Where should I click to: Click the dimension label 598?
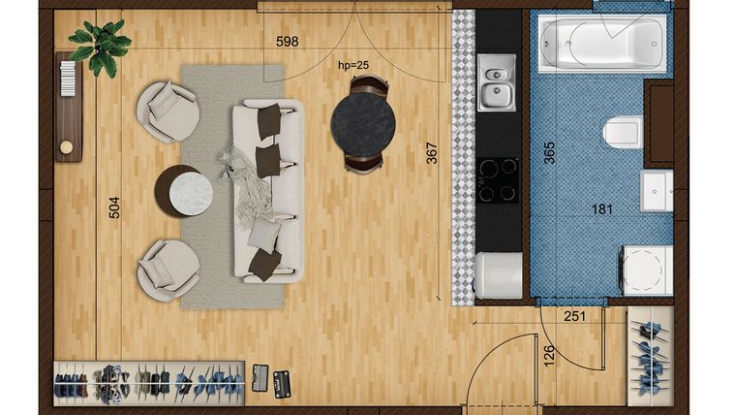[288, 42]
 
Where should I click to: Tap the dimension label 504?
[114, 207]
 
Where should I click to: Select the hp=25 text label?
[353, 65]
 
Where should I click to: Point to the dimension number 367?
[432, 153]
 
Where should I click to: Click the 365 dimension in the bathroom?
[549, 153]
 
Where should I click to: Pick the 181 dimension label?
[602, 209]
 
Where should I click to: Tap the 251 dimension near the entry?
[574, 317]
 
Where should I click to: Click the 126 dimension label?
[549, 356]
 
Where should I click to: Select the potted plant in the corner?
[100, 47]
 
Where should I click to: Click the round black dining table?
[363, 124]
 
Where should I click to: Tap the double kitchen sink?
[497, 82]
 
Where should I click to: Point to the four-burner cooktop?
[498, 180]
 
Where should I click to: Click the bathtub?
[601, 44]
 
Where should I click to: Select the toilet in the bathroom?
[623, 132]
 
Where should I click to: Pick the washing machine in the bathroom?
[646, 271]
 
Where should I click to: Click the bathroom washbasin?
[657, 191]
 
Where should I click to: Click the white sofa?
[268, 191]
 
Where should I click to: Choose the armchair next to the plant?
[168, 112]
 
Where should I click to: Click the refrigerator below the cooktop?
[499, 275]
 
